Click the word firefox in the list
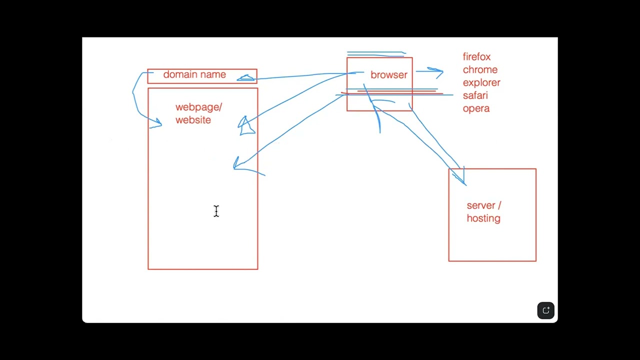476,57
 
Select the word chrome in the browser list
480,69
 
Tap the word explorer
481,83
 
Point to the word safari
475,95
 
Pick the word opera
476,108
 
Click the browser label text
389,75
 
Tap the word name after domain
213,75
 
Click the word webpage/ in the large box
198,107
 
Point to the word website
193,120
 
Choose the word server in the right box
481,205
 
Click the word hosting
483,218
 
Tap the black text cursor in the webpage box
216,211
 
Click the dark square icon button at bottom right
545,310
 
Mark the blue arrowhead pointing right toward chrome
437,72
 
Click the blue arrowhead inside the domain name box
245,77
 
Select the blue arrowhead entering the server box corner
460,177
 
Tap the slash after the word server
499,205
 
